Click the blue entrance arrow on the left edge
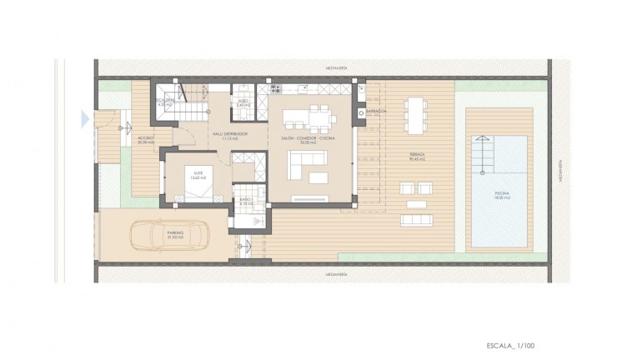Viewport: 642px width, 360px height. click(85, 119)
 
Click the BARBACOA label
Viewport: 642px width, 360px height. click(379, 111)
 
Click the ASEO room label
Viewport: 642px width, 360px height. click(243, 104)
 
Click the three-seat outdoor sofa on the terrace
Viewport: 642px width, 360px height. click(417, 220)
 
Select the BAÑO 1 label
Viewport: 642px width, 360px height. click(246, 200)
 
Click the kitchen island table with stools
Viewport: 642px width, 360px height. click(304, 116)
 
